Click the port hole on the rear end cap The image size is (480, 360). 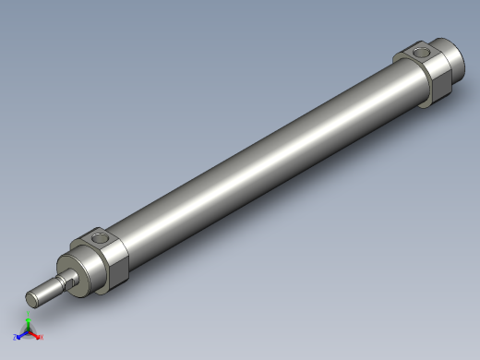(x=423, y=54)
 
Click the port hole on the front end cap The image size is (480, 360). (x=100, y=239)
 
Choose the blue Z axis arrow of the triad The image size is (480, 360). (x=21, y=336)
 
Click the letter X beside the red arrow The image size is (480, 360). (x=42, y=337)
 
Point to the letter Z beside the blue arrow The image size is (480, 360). (x=16, y=338)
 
